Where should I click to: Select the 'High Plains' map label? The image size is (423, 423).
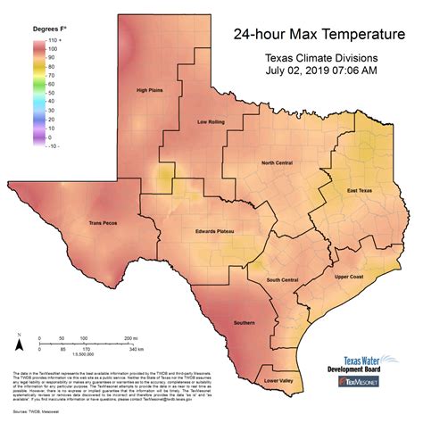pos(153,90)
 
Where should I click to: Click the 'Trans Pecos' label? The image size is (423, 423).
pos(104,223)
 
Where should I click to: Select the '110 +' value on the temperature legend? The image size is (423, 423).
pos(54,39)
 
